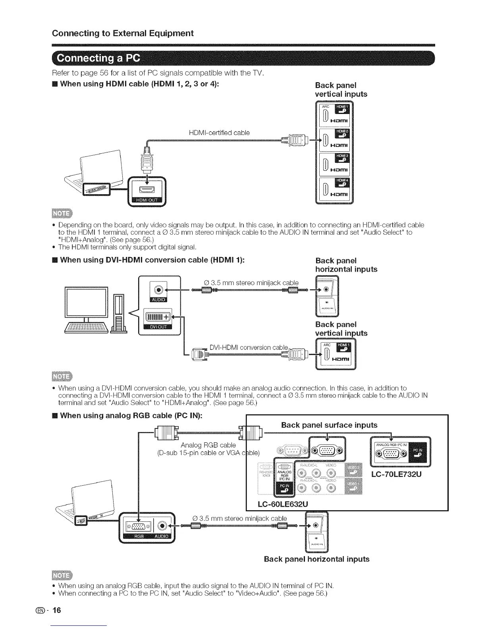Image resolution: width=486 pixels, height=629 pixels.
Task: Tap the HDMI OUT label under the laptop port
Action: coord(147,200)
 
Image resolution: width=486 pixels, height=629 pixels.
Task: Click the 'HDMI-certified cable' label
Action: coord(219,133)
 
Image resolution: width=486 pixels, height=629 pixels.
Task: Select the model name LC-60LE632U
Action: coord(283,504)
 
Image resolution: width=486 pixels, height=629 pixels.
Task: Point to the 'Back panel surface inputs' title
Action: coord(329,425)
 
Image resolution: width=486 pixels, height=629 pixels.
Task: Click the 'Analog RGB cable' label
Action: coord(208,445)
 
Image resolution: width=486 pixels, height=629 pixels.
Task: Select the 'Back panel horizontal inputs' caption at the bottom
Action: coord(316,559)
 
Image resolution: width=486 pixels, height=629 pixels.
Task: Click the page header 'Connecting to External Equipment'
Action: coord(123,33)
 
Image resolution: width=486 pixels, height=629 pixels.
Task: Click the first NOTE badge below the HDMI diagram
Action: coord(62,214)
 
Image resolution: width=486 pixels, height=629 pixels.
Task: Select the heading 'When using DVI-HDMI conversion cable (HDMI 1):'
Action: coord(152,260)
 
